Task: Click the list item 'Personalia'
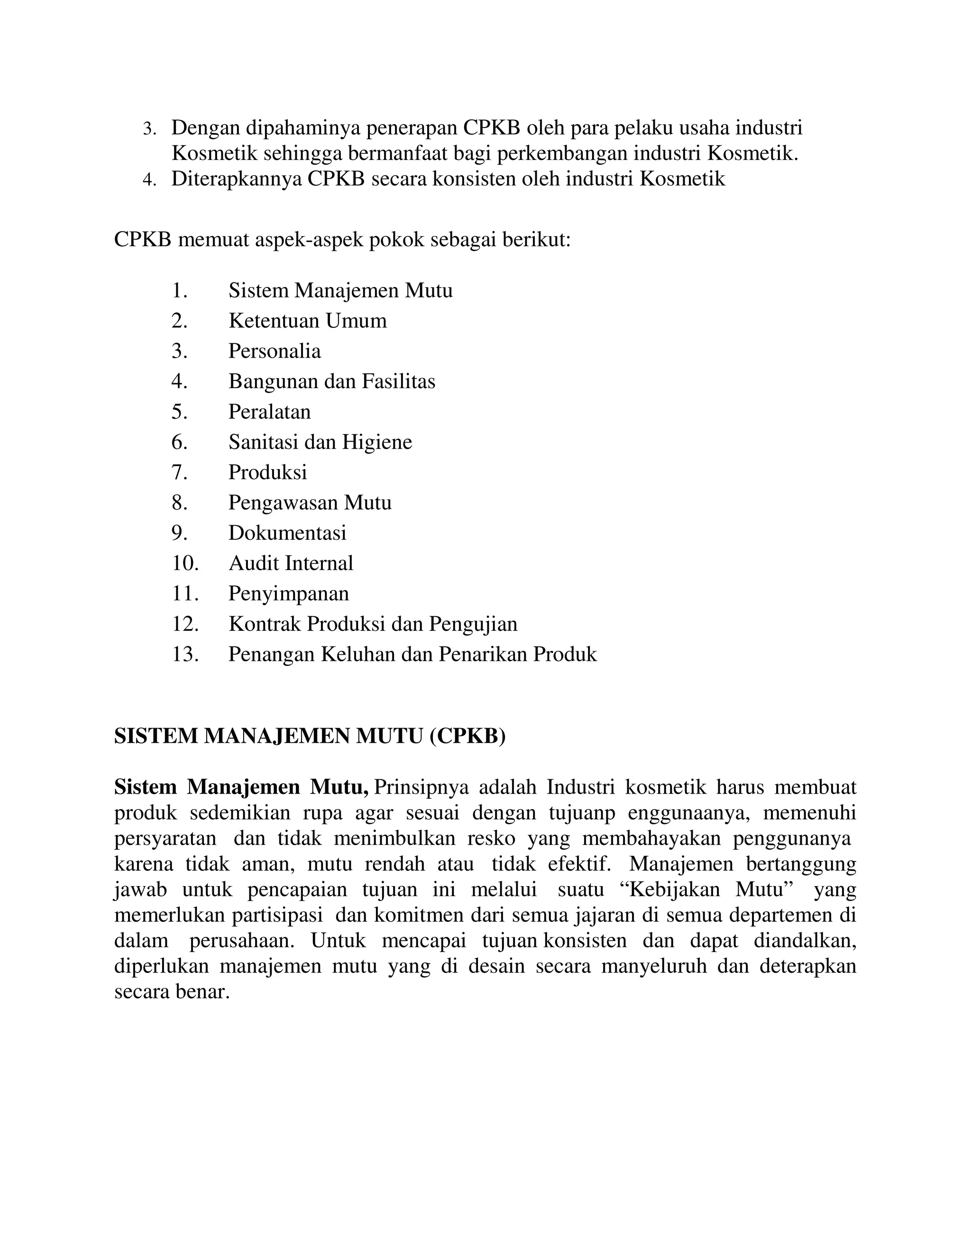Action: click(275, 351)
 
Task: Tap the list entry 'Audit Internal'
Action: click(291, 563)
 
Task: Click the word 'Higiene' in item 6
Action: click(377, 442)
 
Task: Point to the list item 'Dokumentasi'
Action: click(287, 533)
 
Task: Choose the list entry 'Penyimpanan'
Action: click(288, 593)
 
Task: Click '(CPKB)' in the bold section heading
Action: click(467, 736)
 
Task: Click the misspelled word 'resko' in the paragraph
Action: click(491, 839)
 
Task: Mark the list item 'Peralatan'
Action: click(269, 412)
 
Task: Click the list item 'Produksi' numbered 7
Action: click(267, 472)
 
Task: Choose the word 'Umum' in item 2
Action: click(362, 321)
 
